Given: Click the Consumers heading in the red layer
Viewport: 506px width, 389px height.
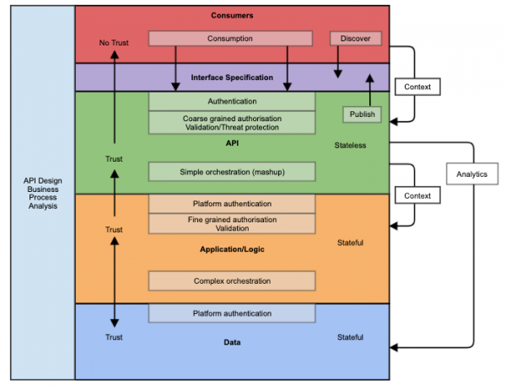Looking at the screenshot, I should [x=232, y=16].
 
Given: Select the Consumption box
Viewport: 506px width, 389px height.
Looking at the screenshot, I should [x=232, y=39].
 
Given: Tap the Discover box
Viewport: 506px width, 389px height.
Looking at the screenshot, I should [x=355, y=39].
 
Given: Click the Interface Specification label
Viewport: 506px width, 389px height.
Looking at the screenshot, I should [x=232, y=77].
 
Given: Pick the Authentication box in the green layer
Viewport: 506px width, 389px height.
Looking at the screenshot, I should [x=232, y=101].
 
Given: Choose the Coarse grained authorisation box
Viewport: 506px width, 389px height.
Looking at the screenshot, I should [x=232, y=123].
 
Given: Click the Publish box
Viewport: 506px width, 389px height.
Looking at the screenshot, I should [x=362, y=114].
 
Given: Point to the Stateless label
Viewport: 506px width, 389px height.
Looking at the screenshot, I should [x=350, y=146].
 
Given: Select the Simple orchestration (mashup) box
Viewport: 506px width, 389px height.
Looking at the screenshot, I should [x=232, y=172].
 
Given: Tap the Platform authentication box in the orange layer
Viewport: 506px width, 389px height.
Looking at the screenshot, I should [x=232, y=203].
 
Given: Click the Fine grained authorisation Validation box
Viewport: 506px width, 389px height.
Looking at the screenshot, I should [x=232, y=223].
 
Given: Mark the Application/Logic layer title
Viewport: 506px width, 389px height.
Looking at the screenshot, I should [x=232, y=250].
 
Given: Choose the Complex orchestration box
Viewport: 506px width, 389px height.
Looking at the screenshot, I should [x=232, y=280].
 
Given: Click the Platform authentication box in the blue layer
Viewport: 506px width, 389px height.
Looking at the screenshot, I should [x=232, y=313].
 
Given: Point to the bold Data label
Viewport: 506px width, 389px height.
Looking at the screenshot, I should [x=232, y=344].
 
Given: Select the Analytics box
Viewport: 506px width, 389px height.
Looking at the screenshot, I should [x=472, y=173].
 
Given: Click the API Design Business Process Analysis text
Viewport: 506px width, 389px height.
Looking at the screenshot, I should [x=41, y=193].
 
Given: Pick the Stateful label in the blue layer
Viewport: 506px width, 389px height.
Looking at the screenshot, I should [x=350, y=338].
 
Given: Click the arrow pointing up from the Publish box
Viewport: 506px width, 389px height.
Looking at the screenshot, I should [x=369, y=88].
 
